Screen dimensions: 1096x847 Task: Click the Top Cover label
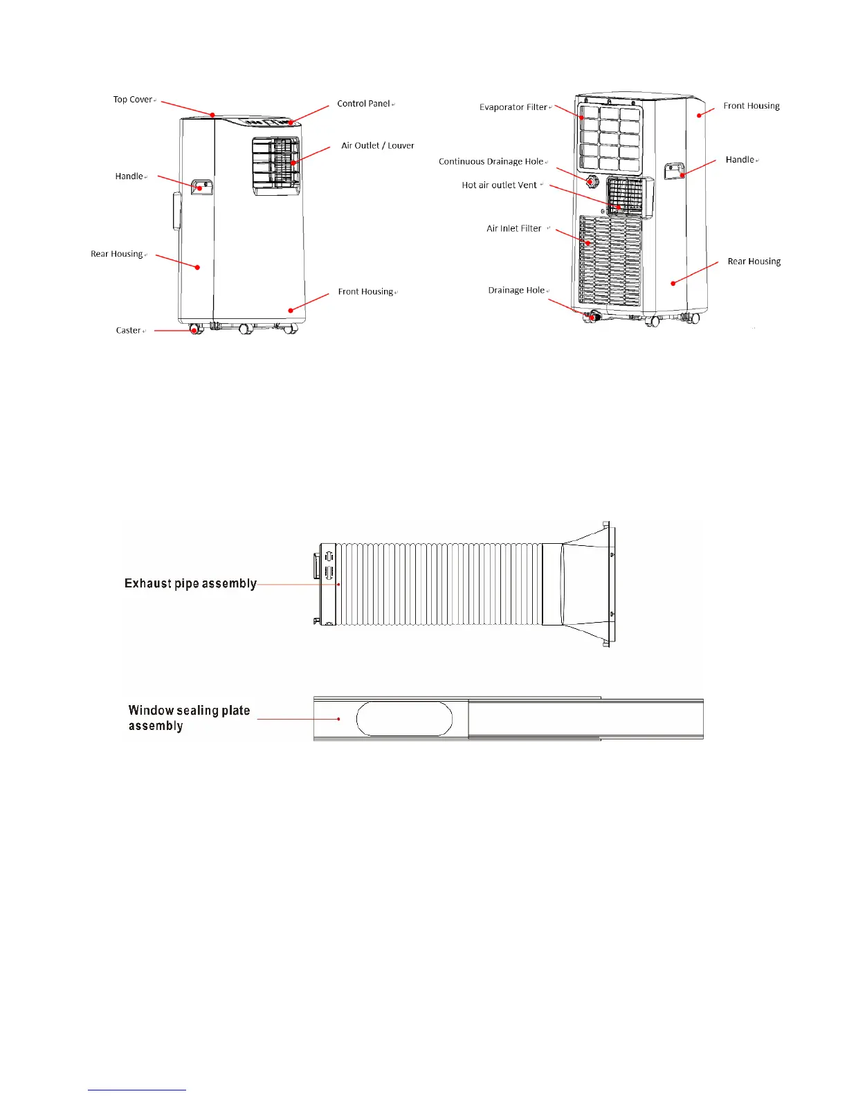[133, 100]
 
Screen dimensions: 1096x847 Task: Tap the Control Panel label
[363, 104]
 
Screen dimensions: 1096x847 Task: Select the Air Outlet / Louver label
[377, 146]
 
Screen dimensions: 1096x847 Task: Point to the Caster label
[129, 331]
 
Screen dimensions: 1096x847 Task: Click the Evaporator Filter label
[513, 107]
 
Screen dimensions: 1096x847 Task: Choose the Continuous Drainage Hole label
[491, 162]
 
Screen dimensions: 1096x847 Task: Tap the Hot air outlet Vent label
[499, 185]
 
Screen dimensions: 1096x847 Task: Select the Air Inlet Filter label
[514, 228]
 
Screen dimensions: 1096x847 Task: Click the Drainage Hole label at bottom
[516, 291]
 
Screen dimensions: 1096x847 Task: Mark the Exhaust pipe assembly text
[190, 584]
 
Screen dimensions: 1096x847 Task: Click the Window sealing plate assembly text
[188, 718]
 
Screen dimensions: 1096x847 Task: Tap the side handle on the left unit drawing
[201, 186]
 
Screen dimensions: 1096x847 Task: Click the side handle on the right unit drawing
[674, 171]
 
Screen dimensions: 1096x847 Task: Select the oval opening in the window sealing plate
[404, 719]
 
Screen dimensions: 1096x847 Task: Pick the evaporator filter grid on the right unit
[610, 138]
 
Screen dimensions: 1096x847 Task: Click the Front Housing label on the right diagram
[751, 106]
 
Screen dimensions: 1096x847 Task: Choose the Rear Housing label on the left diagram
[116, 254]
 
